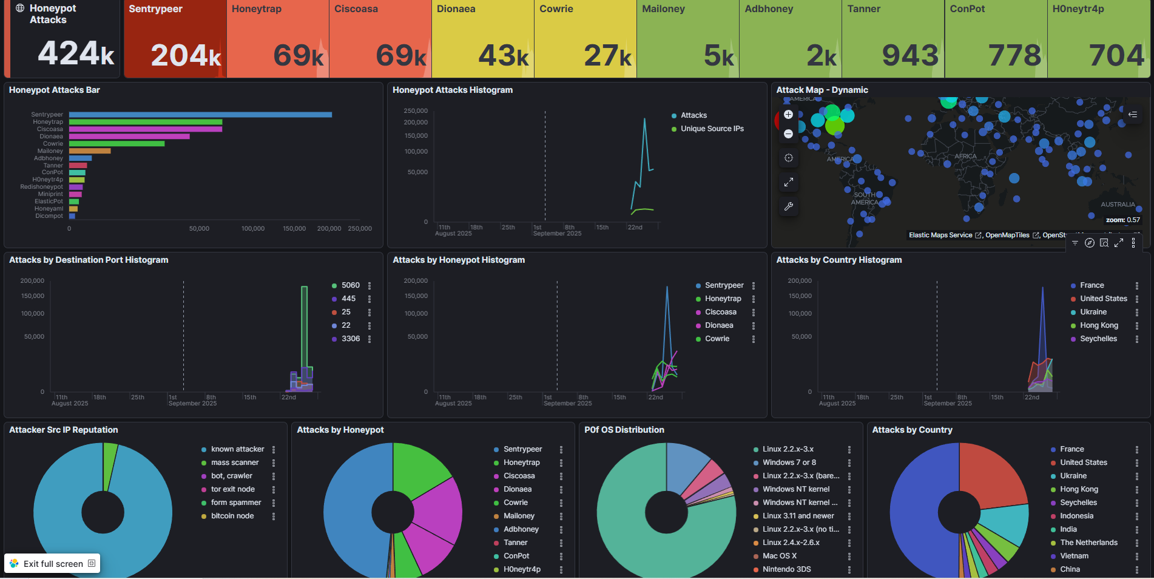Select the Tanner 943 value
coord(910,56)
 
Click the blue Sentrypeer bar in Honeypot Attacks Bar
coord(200,115)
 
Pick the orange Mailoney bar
coord(89,151)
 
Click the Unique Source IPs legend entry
coord(712,129)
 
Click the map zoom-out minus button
coord(788,134)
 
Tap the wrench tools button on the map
coord(788,206)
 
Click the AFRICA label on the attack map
coord(965,157)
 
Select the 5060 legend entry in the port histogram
coord(350,285)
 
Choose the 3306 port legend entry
coord(350,339)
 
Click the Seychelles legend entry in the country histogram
coord(1098,339)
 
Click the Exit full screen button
coord(53,564)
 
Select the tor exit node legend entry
coord(232,489)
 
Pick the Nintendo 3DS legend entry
coord(786,569)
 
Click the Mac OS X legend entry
coord(779,556)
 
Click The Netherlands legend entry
coord(1088,543)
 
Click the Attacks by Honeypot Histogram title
coord(458,260)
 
